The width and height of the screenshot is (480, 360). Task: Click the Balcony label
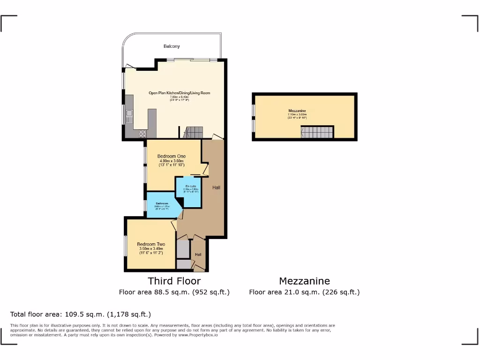point(172,46)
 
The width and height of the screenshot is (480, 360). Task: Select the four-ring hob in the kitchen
point(142,134)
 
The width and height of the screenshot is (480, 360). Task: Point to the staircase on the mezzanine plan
point(317,132)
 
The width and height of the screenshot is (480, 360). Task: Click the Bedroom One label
point(171,156)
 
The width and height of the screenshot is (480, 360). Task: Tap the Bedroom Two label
point(151,244)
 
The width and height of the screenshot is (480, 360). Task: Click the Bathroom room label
point(161,203)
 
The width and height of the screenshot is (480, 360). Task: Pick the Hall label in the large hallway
point(216,187)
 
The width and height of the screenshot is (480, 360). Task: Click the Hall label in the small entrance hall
point(198,255)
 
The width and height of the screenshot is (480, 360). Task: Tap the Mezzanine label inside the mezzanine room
point(297,111)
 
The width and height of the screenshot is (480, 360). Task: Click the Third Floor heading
point(174,281)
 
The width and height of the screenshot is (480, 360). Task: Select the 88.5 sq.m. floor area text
point(174,292)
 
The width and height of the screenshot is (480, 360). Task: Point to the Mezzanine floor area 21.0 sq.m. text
point(304,292)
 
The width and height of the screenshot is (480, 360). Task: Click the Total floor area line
point(81,314)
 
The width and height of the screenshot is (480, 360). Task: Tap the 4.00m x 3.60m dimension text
point(171,161)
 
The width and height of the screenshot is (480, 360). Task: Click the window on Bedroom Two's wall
point(126,246)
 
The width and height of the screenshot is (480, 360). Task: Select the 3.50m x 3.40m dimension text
point(151,249)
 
